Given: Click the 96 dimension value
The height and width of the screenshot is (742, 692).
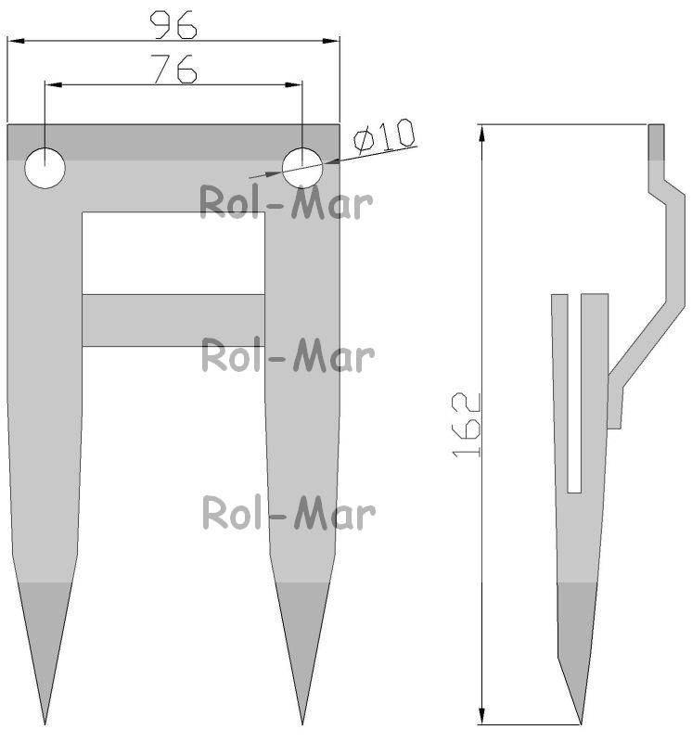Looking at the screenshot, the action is (x=173, y=25).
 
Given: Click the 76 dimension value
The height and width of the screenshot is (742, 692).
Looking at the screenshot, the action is (x=173, y=69).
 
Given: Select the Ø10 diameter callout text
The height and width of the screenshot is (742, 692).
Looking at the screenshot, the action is (x=384, y=136).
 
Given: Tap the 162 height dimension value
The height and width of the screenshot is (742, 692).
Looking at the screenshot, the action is (x=467, y=425).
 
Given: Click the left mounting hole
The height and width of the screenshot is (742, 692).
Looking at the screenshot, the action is (x=45, y=168).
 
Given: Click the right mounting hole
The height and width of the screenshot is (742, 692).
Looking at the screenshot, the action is (x=302, y=168).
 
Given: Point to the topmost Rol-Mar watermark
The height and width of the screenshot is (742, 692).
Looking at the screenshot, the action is (x=286, y=202).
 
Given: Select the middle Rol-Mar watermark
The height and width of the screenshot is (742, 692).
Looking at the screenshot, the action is (x=288, y=355).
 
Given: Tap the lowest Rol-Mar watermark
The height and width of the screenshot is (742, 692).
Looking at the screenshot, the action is (x=288, y=513).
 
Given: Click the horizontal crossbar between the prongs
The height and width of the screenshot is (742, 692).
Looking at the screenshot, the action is (x=173, y=320).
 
